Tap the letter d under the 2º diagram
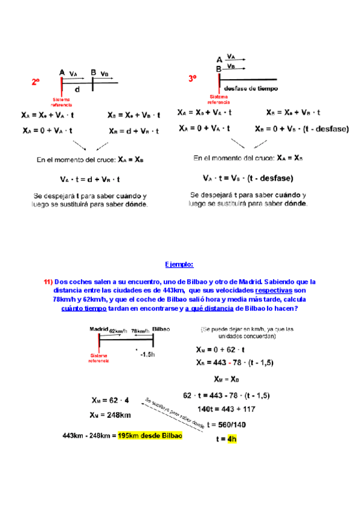(77, 89)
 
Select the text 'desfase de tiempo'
(252, 88)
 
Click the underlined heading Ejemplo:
(179, 264)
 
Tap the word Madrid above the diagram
(98, 330)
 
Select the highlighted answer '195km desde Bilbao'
(150, 436)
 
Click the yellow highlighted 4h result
(232, 439)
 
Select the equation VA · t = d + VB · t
(90, 178)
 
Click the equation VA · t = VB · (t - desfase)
(247, 178)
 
